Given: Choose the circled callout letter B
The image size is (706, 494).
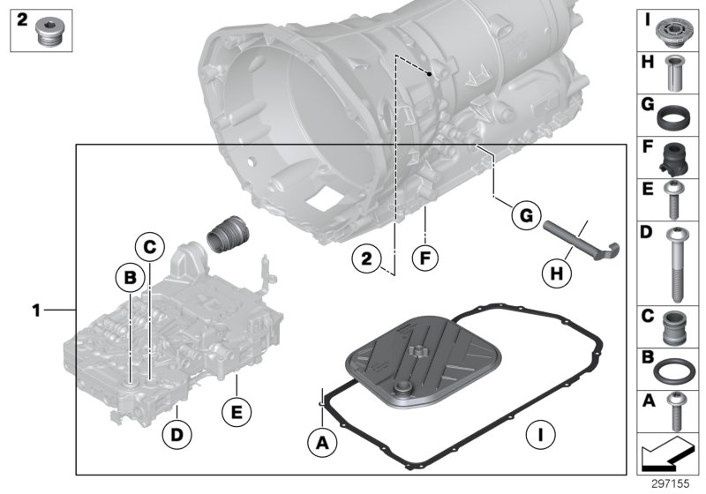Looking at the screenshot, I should click(x=131, y=278).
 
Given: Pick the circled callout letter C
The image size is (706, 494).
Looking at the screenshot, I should click(x=150, y=246).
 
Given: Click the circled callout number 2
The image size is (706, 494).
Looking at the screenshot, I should click(x=365, y=258).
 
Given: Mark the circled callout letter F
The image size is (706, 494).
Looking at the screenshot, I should click(x=425, y=259).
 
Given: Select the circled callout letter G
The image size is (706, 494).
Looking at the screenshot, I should click(x=524, y=214).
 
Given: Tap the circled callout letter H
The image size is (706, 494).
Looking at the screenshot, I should click(x=555, y=273).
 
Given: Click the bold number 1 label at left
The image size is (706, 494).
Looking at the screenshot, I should click(x=36, y=310).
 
